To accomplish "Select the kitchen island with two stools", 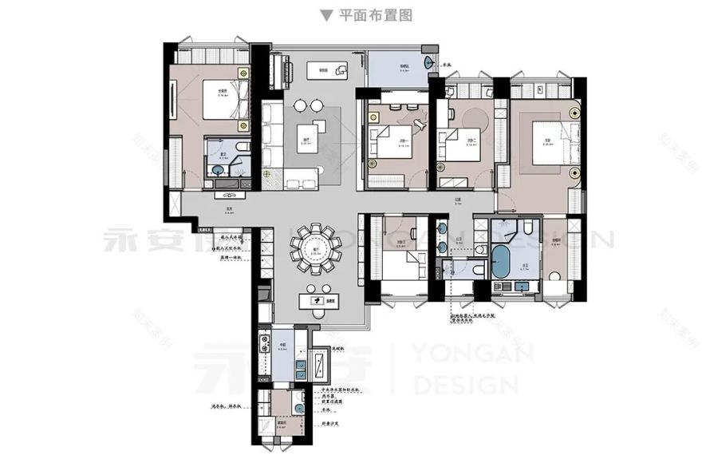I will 317,300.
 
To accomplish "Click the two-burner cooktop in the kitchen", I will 265,344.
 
